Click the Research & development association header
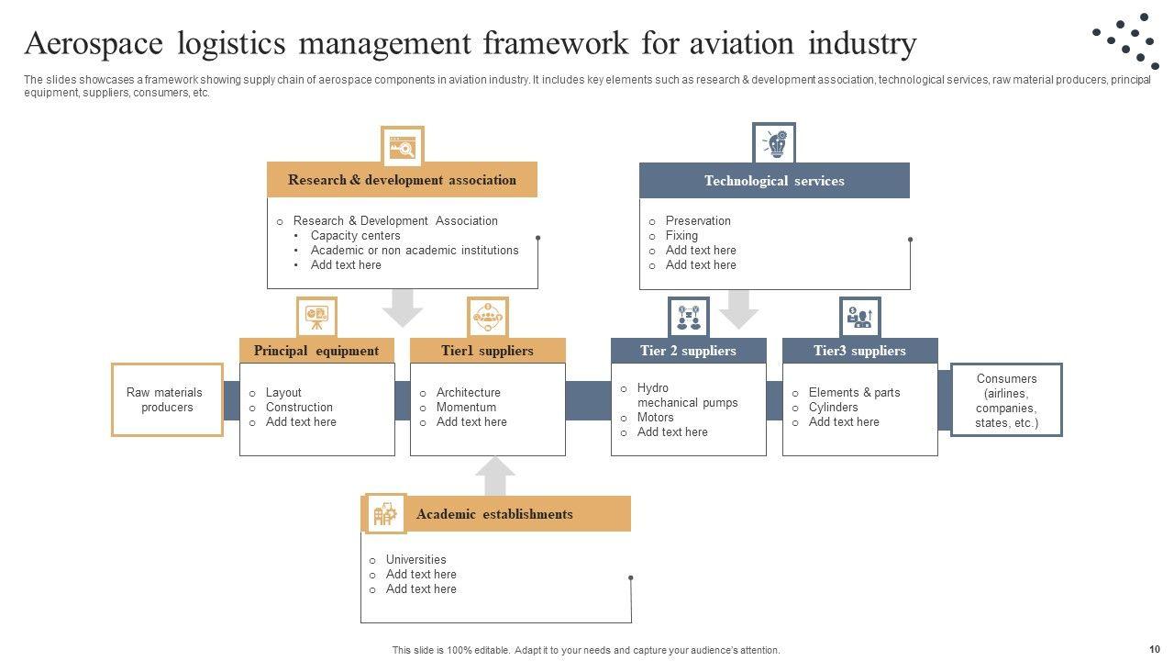tap(402, 180)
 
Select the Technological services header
tap(774, 181)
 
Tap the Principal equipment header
tap(316, 351)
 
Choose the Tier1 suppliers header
tap(487, 351)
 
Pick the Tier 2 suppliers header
tap(688, 351)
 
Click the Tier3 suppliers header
tap(859, 351)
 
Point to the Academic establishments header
tap(494, 514)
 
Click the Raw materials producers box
tap(166, 399)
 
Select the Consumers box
tap(1006, 400)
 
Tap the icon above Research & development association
tap(402, 147)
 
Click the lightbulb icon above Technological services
tap(774, 144)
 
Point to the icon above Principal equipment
tap(316, 317)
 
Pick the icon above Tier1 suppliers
tap(487, 317)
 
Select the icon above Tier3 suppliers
tap(859, 317)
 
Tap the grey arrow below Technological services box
tap(738, 309)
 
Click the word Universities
tap(415, 559)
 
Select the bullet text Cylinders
tap(833, 407)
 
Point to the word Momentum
tap(466, 407)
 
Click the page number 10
tap(1154, 648)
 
